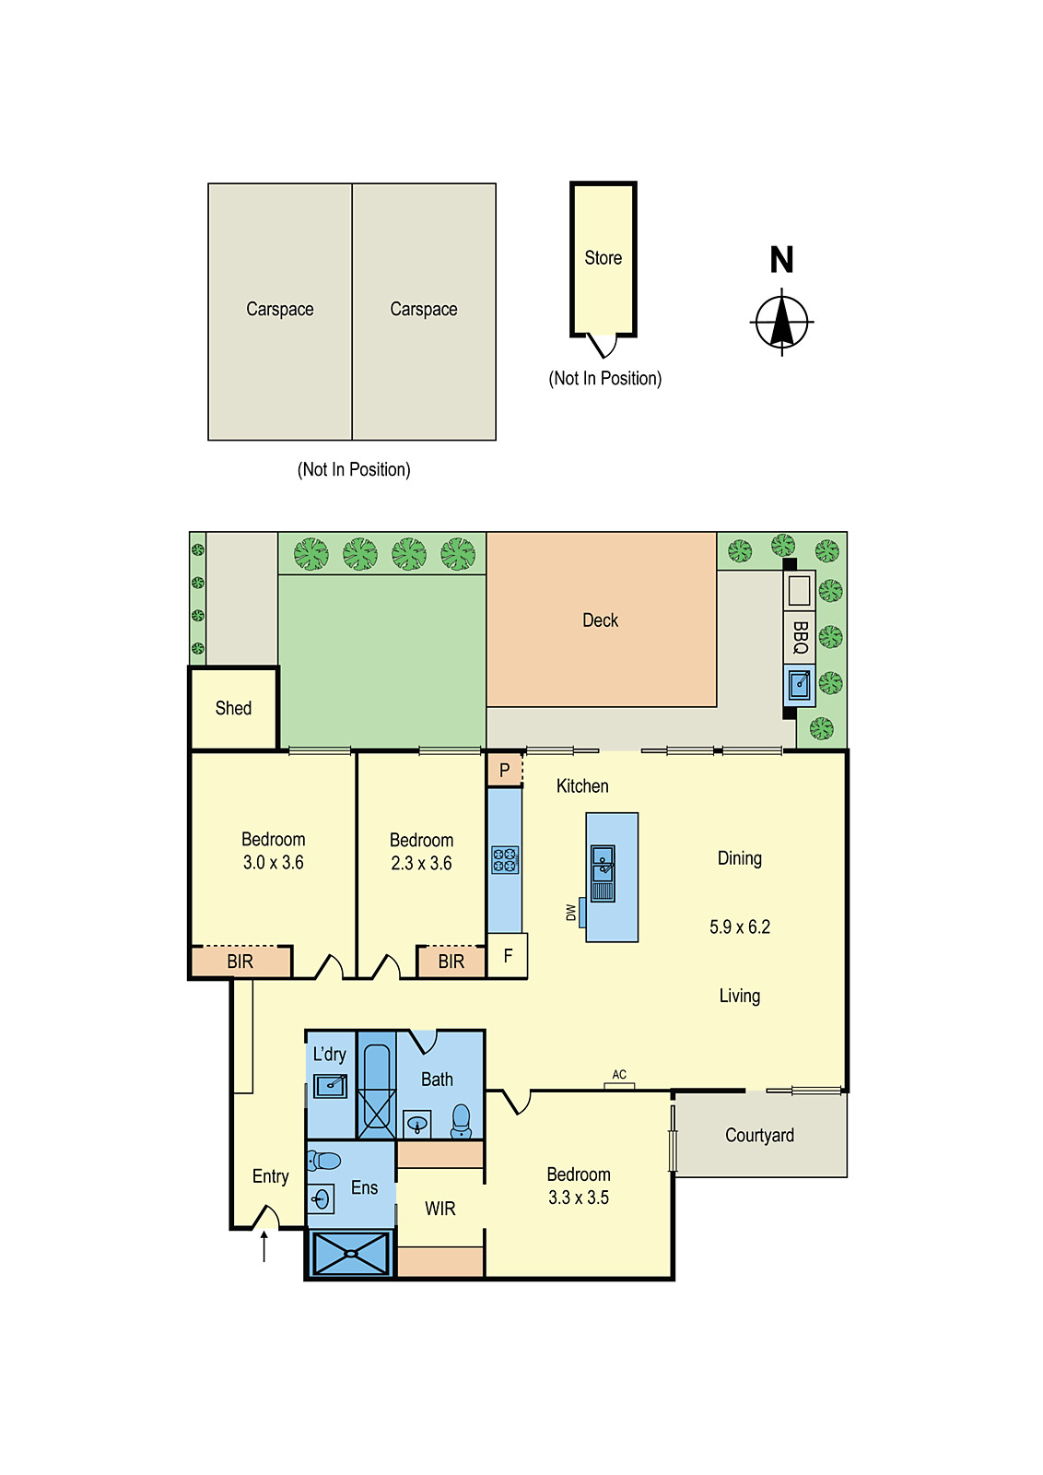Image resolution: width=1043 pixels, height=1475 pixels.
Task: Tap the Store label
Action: coord(603,258)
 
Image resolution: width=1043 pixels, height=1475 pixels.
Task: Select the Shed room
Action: coord(233,708)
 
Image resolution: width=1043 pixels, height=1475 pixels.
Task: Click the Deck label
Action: coord(600,620)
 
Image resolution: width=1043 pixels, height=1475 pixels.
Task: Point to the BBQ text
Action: coord(800,637)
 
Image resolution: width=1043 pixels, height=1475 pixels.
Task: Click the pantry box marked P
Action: coord(504,770)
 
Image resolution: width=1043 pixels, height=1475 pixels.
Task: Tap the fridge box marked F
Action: coord(508,956)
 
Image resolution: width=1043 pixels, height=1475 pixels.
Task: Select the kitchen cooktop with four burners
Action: coord(505,860)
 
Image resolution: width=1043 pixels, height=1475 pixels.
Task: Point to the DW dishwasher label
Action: coord(570,912)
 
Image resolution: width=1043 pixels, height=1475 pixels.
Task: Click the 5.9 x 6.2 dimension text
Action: coord(739,926)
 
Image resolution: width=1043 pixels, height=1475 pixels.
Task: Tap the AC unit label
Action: coord(619,1075)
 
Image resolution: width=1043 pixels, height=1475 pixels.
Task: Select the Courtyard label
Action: coord(759,1135)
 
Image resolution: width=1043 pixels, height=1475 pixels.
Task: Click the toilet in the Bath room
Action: coord(462,1121)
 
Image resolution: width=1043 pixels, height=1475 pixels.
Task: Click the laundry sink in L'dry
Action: coord(330,1085)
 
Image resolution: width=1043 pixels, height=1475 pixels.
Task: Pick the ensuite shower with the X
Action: coord(350,1254)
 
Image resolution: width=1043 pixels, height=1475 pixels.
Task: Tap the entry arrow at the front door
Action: coord(264,1246)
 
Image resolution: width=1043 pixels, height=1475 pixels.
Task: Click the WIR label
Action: coord(439,1209)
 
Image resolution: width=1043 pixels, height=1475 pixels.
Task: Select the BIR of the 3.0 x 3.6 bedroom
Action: coord(240,962)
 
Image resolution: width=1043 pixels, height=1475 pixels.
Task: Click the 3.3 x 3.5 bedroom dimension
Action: coord(578,1198)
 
